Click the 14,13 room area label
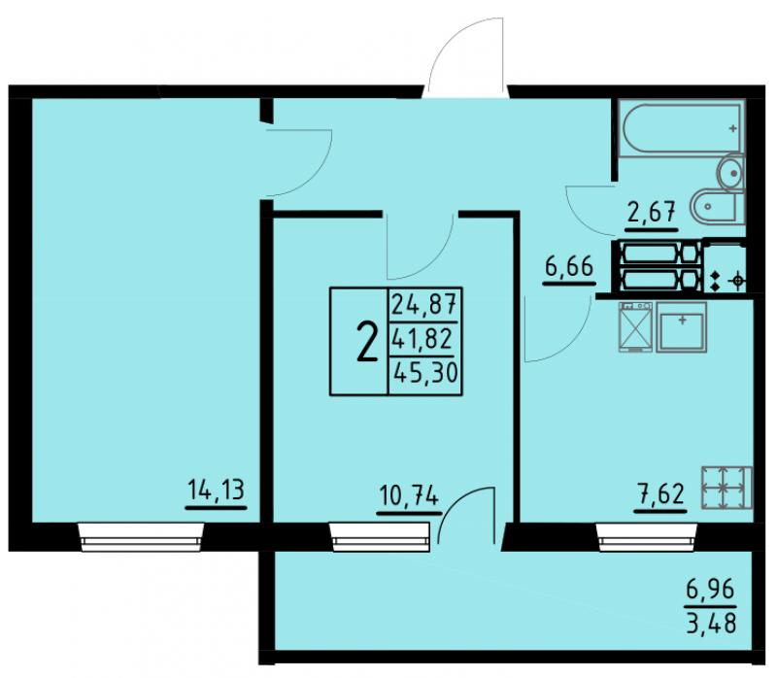[x=217, y=491]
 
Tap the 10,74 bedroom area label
[x=409, y=495]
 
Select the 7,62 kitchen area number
[x=662, y=494]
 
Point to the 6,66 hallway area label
[x=569, y=267]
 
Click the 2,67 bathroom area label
[x=652, y=214]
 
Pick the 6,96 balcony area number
[x=710, y=591]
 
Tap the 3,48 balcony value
[x=711, y=623]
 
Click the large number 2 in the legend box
[x=366, y=341]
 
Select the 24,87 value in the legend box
[x=423, y=304]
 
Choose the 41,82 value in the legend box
[x=422, y=340]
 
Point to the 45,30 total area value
[x=424, y=373]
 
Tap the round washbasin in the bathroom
[x=731, y=173]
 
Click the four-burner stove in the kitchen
[x=726, y=488]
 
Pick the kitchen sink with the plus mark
[x=682, y=326]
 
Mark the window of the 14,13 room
[x=141, y=537]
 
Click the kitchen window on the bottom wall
[x=647, y=537]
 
